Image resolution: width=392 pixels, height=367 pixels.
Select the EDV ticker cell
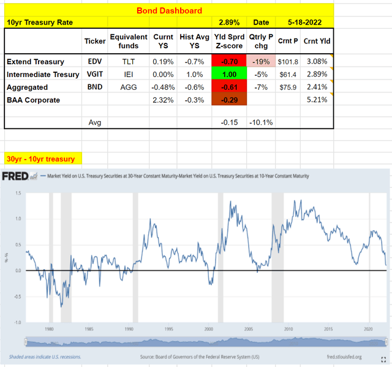tap(94, 62)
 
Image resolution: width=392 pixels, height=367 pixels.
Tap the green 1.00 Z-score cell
tap(228, 75)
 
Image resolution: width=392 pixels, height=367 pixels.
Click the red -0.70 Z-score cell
tap(228, 62)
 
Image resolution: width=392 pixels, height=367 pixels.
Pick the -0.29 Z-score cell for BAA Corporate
tap(228, 100)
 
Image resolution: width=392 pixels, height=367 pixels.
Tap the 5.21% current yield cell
tap(317, 100)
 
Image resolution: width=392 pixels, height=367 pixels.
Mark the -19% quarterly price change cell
tap(262, 62)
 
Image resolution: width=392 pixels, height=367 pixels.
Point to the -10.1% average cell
tap(262, 122)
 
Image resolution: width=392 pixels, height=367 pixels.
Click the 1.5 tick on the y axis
tap(19, 193)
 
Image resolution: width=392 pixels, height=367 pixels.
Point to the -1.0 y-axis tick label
tap(18, 322)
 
